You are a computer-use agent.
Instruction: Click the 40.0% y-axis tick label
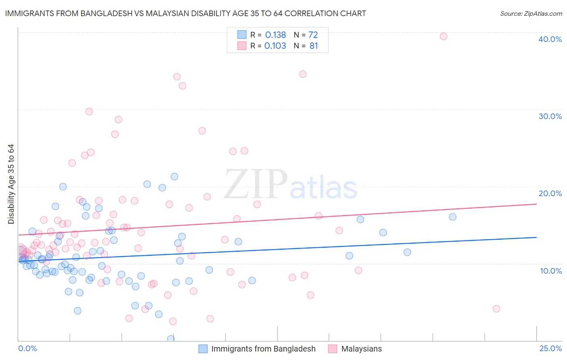550,39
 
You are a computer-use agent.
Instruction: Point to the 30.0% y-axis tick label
550,116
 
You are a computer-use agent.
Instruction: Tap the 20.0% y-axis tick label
550,193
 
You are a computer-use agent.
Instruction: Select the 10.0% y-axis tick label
550,271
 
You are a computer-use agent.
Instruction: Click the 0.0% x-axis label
27,348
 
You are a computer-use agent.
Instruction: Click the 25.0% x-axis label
550,348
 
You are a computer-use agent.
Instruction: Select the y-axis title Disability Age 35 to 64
11,184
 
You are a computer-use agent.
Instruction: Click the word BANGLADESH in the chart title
103,13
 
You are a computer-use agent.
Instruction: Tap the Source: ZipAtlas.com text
531,13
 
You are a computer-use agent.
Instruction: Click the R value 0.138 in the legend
275,35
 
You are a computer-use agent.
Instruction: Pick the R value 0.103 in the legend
275,46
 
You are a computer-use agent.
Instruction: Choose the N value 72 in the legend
313,35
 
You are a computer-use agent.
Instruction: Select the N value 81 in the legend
313,46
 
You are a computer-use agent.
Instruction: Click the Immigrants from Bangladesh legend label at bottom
263,349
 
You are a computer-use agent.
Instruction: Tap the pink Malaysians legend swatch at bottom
332,349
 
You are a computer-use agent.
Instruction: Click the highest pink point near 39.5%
443,36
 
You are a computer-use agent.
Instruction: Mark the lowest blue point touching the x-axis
171,339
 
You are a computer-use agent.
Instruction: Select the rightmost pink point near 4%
496,309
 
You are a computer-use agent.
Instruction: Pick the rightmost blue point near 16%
452,217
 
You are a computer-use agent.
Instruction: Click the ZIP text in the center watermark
256,185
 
